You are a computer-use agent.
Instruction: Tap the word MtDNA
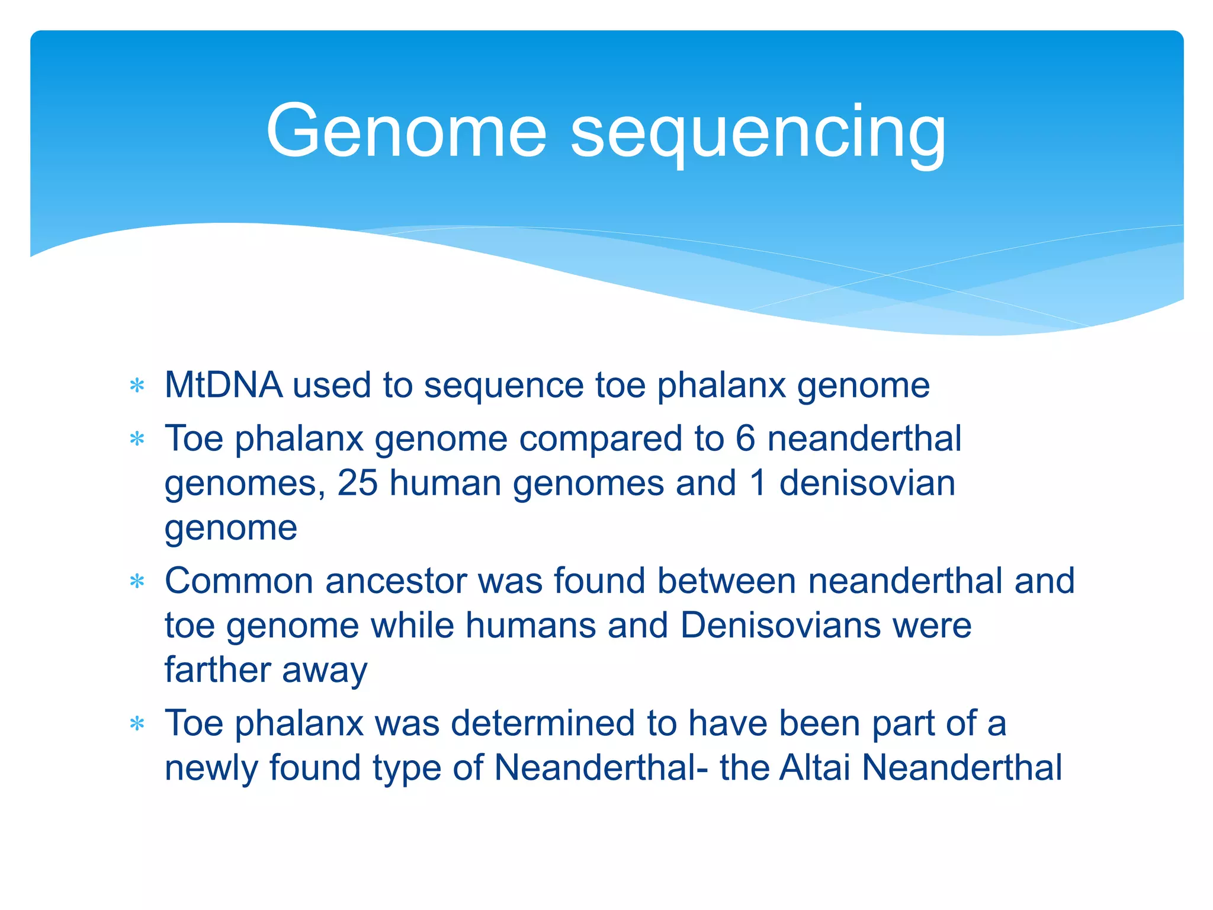(223, 385)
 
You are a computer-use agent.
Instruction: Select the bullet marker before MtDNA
(137, 386)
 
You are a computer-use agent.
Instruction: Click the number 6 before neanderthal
(745, 439)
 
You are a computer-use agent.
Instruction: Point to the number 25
(357, 483)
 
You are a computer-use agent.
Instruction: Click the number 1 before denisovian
(758, 483)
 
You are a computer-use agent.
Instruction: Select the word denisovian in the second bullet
(867, 483)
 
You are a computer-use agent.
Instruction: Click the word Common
(238, 581)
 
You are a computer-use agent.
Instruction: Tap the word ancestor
(396, 581)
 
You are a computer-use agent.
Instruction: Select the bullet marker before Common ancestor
(137, 582)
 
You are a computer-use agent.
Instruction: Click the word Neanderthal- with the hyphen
(601, 768)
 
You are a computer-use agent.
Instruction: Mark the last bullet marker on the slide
(137, 724)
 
